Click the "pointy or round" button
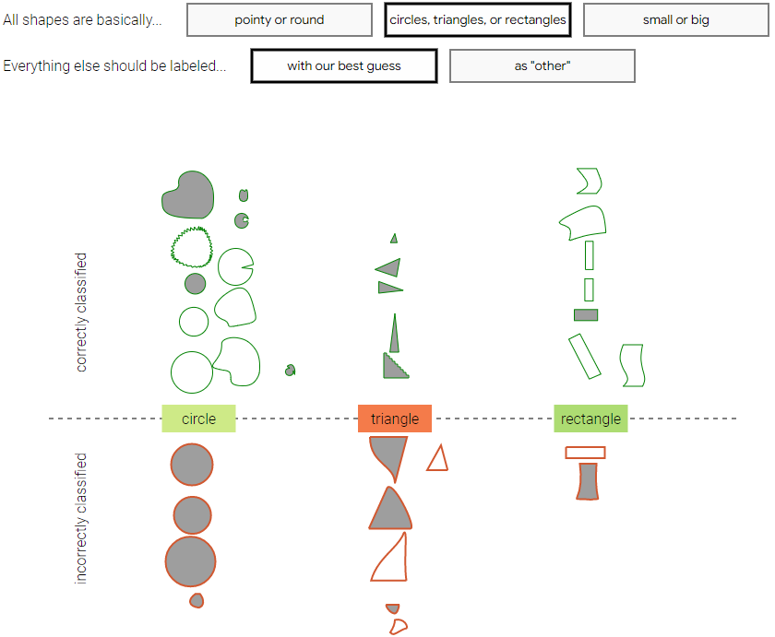point(280,19)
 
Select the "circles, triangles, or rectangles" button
point(478,19)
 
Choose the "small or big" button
point(675,19)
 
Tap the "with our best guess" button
point(344,65)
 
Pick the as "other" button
point(542,65)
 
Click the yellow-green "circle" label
point(198,419)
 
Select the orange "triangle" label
point(395,419)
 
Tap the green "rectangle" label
point(590,419)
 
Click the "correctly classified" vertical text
point(81,313)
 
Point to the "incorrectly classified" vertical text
point(81,518)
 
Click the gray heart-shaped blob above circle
point(188,195)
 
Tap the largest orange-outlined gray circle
point(191,561)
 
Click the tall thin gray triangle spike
point(395,336)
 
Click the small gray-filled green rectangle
point(586,315)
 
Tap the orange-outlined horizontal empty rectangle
point(585,447)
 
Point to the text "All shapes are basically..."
point(82,19)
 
